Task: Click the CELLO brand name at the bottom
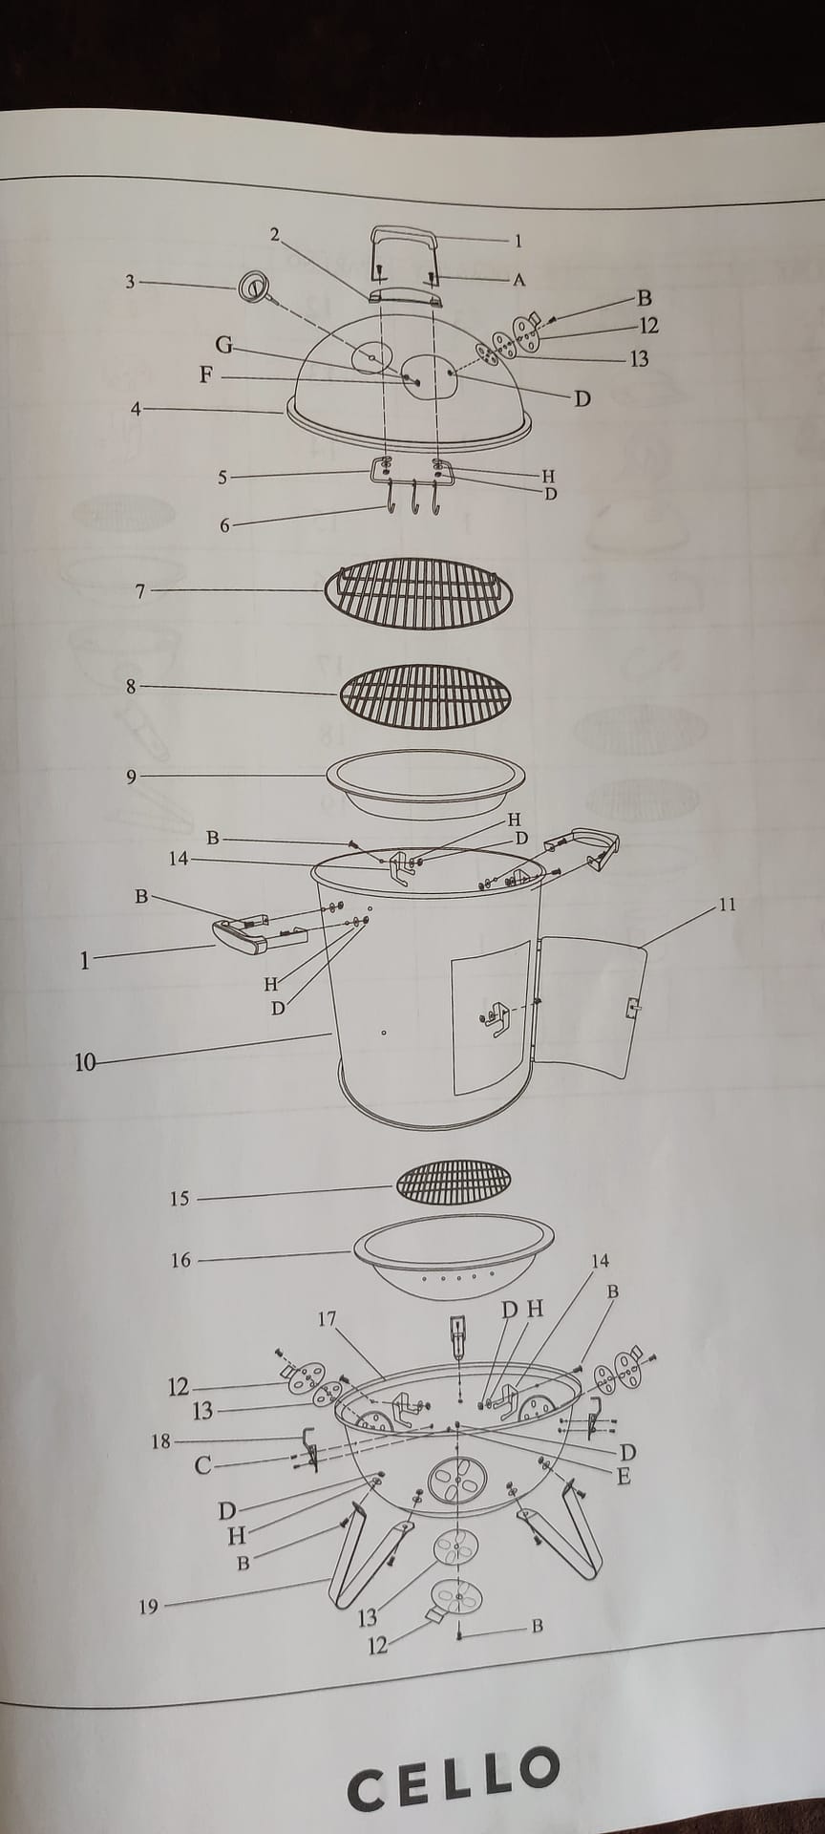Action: click(x=454, y=1780)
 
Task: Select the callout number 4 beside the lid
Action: click(x=136, y=410)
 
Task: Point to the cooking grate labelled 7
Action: click(x=419, y=593)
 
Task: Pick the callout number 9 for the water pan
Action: click(x=132, y=777)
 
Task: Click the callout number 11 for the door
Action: click(x=728, y=904)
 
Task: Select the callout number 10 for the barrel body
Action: click(x=86, y=1061)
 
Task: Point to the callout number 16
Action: click(x=180, y=1261)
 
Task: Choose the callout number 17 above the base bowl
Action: click(x=328, y=1319)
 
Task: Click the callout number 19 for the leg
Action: click(x=148, y=1608)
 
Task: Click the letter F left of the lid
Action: click(x=205, y=375)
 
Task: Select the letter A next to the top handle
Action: click(x=519, y=280)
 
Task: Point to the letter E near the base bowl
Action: click(x=624, y=1477)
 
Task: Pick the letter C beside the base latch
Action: click(x=202, y=1465)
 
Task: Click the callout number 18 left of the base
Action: click(x=160, y=1441)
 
